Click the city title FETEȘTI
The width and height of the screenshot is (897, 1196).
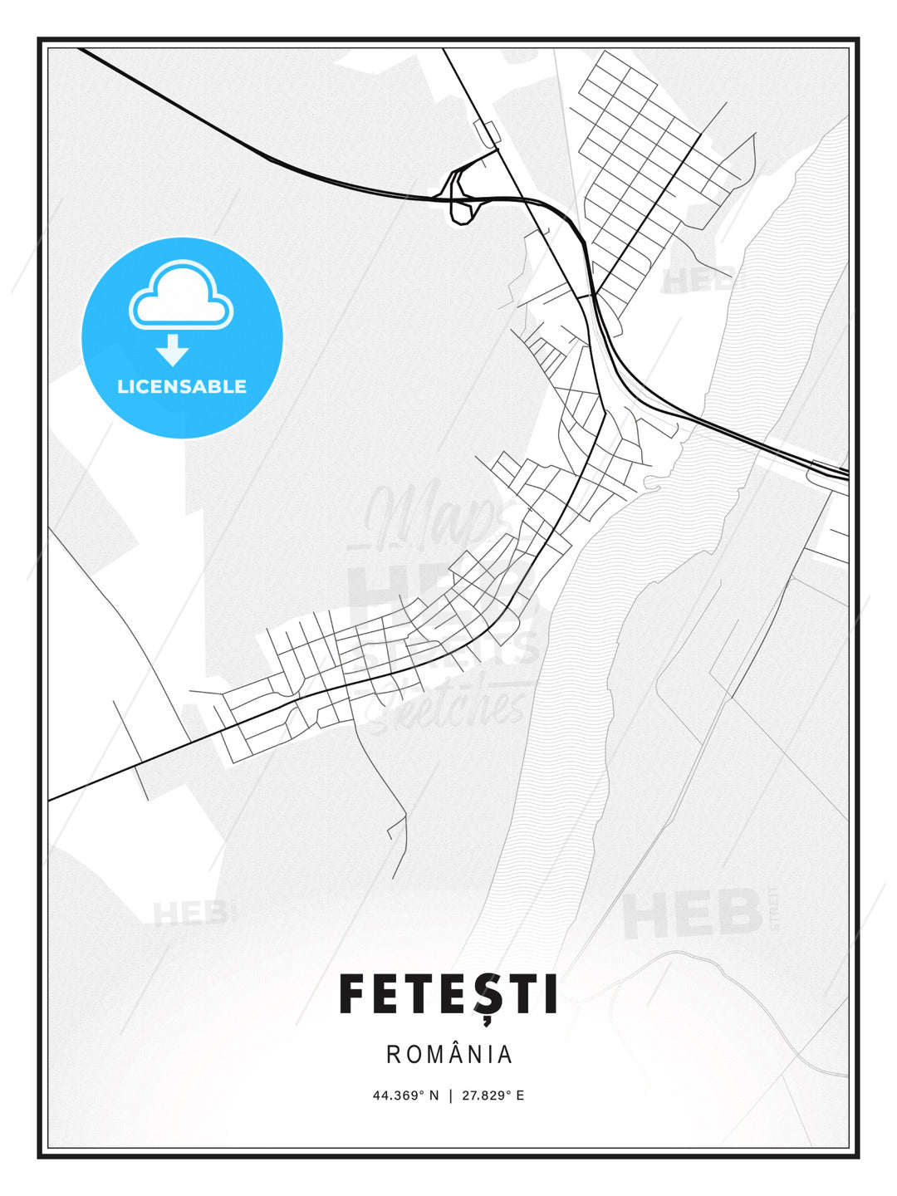[x=448, y=995]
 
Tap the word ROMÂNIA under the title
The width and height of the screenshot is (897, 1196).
[x=449, y=1054]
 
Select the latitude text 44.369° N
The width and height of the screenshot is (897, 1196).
[x=404, y=1096]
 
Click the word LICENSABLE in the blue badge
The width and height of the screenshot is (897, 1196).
[x=182, y=386]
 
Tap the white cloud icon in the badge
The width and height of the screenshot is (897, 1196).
[x=181, y=297]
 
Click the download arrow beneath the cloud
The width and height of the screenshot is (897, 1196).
[x=173, y=350]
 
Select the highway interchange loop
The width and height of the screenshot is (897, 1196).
[x=462, y=198]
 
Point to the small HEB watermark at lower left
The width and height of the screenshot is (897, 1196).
[x=189, y=913]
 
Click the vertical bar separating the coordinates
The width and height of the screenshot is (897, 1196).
[x=450, y=1096]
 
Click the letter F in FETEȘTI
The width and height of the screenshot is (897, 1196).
[x=352, y=995]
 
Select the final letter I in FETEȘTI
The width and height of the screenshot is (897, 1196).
[x=549, y=995]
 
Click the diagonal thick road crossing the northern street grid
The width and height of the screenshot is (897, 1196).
[x=648, y=208]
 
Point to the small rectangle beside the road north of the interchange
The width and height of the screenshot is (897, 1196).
[x=486, y=133]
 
